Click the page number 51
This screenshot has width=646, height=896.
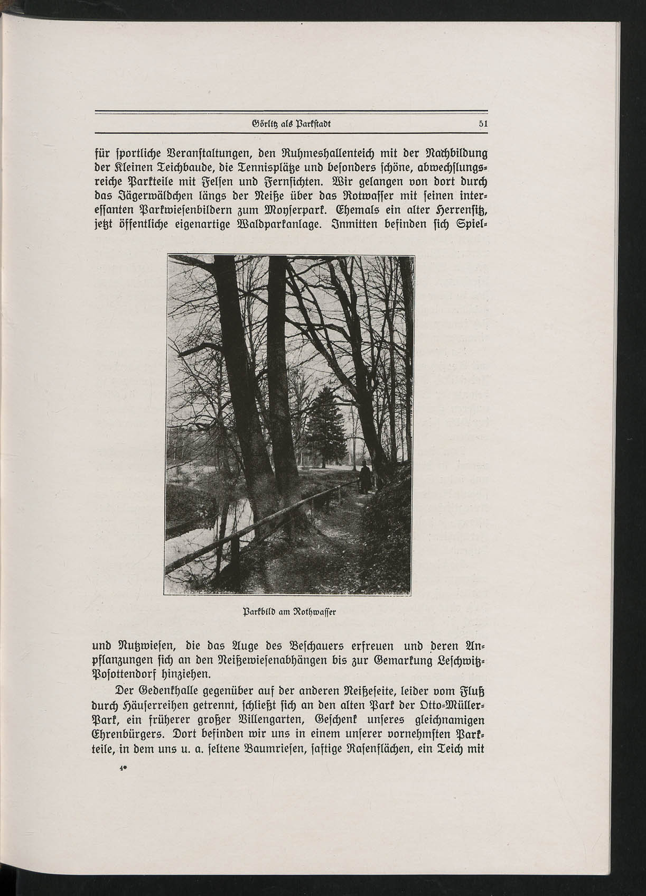pyautogui.click(x=482, y=124)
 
